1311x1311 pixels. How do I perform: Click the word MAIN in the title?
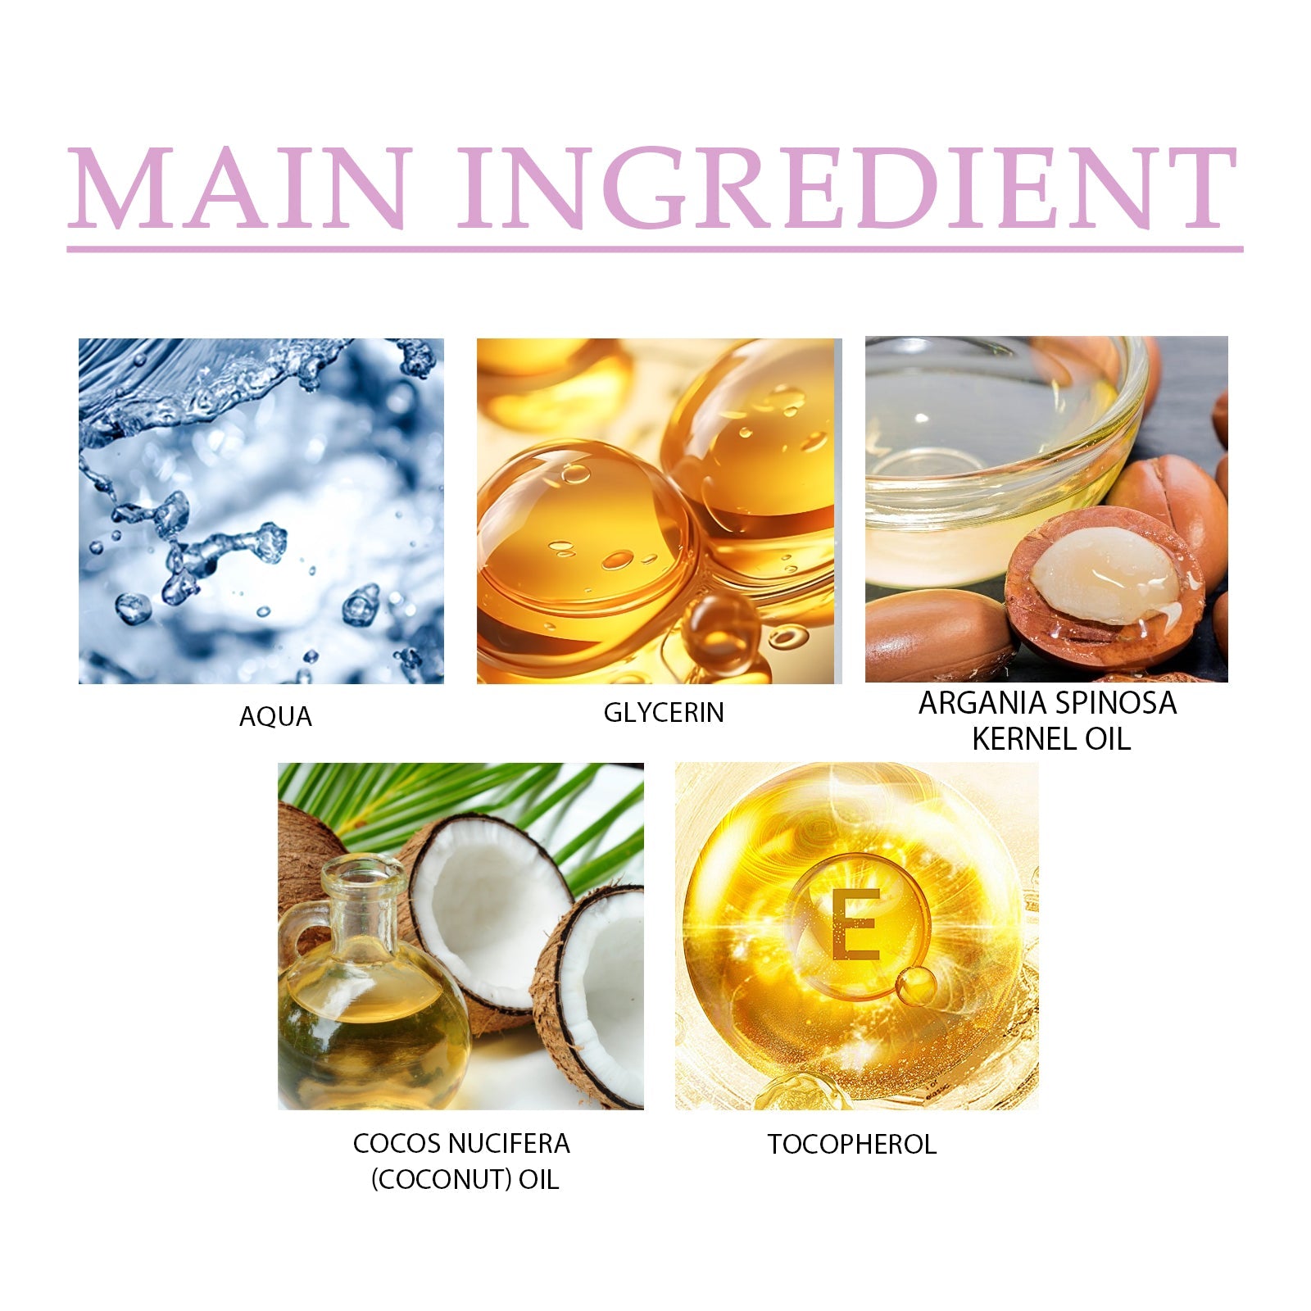[237, 188]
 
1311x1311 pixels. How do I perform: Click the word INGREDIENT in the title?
[847, 188]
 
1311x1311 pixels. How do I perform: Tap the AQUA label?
[275, 717]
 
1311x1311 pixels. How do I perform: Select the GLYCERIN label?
[664, 713]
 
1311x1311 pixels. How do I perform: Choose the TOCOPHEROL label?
[852, 1144]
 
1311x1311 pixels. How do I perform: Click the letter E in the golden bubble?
[855, 923]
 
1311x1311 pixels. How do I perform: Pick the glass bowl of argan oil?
[1000, 459]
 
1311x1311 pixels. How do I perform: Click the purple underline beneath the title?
[655, 248]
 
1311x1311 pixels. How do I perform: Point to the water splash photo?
[261, 511]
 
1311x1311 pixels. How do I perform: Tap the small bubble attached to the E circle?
[915, 987]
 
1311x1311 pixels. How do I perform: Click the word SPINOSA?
[1112, 703]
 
